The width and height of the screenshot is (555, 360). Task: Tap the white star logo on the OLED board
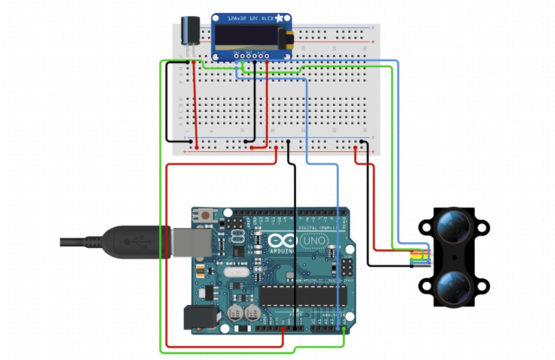click(280, 18)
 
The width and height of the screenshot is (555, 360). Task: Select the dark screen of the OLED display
click(247, 37)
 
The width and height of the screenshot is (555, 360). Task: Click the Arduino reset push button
click(205, 216)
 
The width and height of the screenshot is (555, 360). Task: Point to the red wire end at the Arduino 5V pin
click(283, 329)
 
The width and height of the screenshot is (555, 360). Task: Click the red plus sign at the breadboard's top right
click(372, 42)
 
